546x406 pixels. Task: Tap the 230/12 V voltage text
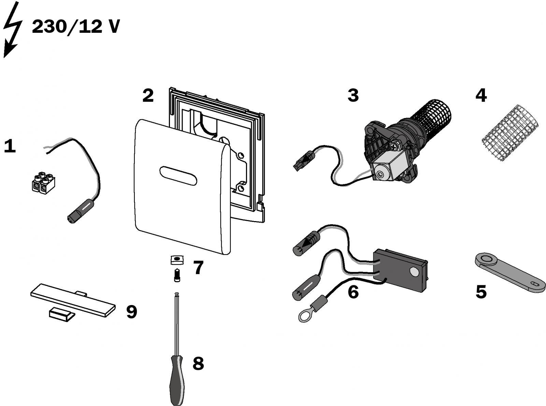tap(76, 27)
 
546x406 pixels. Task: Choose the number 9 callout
tap(132, 312)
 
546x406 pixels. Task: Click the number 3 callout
tap(353, 95)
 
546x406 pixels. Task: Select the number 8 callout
tap(198, 364)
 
